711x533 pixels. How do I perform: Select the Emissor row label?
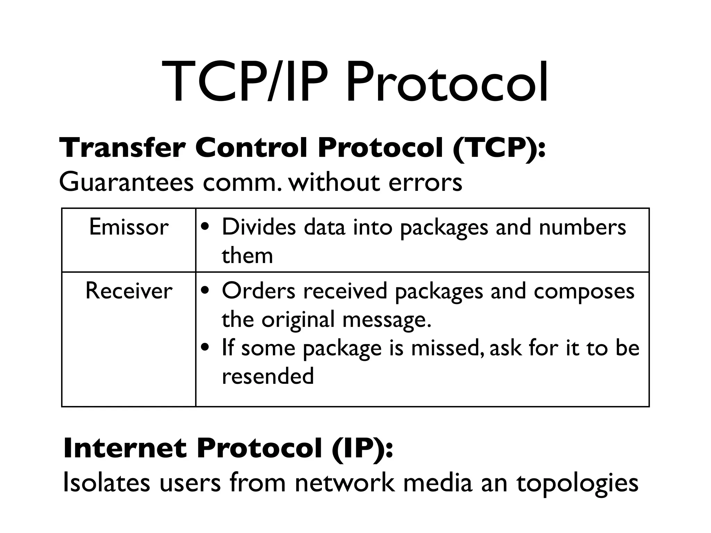(x=129, y=227)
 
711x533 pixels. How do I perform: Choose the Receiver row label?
(x=129, y=291)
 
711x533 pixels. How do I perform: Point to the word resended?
(x=268, y=376)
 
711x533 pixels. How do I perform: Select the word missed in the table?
(x=447, y=348)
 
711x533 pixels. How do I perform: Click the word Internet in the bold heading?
(x=125, y=448)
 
